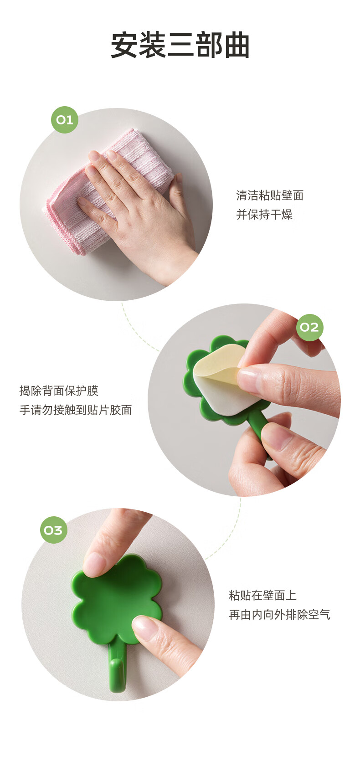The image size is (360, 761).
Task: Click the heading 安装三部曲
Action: pyautogui.click(x=180, y=45)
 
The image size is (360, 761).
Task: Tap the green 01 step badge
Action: pyautogui.click(x=65, y=119)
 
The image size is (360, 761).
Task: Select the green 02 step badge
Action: pyautogui.click(x=309, y=327)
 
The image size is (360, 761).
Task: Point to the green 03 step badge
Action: pyautogui.click(x=53, y=530)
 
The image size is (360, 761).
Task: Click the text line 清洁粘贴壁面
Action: pyautogui.click(x=270, y=195)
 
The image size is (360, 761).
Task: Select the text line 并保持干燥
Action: pyautogui.click(x=264, y=215)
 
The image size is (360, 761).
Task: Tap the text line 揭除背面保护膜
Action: pyautogui.click(x=59, y=391)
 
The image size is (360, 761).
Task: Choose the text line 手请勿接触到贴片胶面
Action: pyautogui.click(x=76, y=410)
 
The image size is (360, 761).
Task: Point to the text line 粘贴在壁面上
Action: pyautogui.click(x=262, y=595)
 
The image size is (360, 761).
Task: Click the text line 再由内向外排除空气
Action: pyautogui.click(x=279, y=615)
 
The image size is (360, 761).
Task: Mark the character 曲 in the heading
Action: pyautogui.click(x=237, y=45)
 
